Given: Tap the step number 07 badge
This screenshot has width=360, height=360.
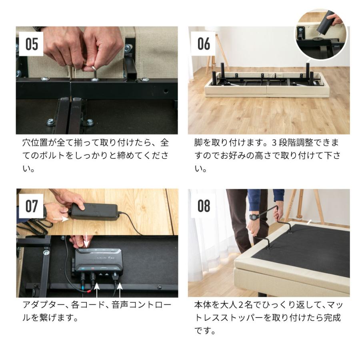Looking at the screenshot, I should tap(32, 206).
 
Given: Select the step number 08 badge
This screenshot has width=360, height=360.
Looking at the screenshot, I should tap(204, 206).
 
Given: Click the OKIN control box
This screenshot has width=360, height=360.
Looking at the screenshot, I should tap(98, 262).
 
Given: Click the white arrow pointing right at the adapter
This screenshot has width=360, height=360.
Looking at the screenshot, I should tap(60, 219).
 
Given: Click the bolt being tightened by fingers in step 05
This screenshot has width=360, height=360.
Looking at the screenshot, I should tap(94, 74).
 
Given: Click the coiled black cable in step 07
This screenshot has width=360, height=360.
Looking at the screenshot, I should tap(34, 228).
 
